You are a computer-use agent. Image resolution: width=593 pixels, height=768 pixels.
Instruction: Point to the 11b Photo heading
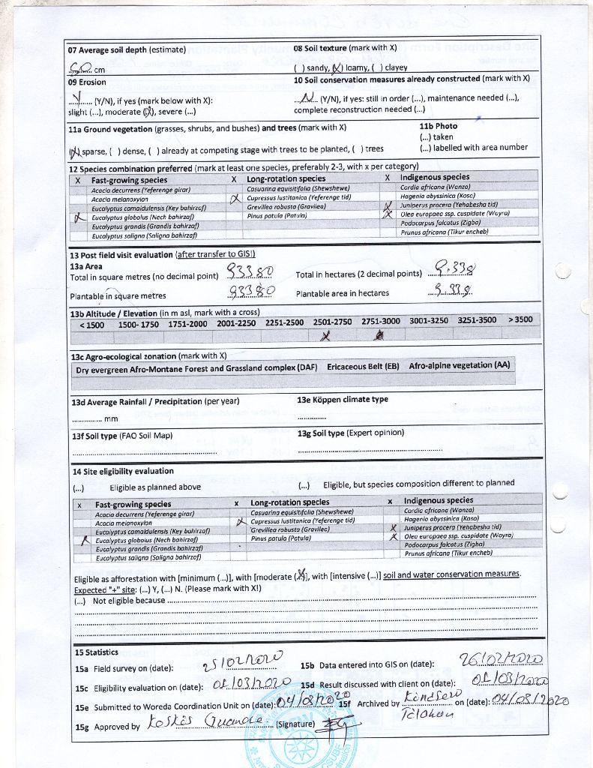click(438, 126)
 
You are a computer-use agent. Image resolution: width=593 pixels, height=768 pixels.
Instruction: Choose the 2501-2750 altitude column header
click(332, 321)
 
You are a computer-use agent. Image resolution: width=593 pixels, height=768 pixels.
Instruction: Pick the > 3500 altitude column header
click(520, 319)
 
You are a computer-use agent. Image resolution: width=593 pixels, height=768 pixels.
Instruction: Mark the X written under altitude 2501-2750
click(326, 336)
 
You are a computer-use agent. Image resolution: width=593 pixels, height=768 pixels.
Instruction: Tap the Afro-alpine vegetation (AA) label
click(459, 366)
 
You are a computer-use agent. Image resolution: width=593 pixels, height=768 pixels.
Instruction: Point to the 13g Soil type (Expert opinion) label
click(351, 433)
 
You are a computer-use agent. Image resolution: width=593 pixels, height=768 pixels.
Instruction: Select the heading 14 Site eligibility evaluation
click(123, 471)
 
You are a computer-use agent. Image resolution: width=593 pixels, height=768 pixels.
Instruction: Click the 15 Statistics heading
click(96, 652)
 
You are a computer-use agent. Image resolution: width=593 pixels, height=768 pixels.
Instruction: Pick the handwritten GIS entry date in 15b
click(502, 660)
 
